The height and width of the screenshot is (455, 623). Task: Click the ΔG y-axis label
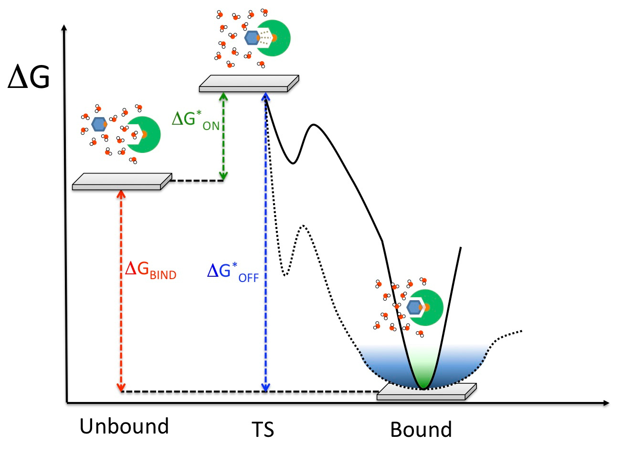coord(29,78)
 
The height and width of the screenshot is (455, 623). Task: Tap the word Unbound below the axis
coord(124,426)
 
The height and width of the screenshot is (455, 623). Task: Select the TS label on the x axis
coord(263,429)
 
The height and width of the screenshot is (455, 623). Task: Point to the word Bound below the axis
coord(421,429)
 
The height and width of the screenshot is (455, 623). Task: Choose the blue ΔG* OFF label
coord(233,272)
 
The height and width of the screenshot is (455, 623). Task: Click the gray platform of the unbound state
coord(121,182)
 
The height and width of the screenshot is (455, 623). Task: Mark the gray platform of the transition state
coord(248,83)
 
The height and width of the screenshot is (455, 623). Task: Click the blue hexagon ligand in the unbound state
coord(99,124)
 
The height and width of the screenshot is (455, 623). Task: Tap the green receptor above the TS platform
coord(276,38)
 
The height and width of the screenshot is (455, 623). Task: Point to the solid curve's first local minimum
coord(293,163)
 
